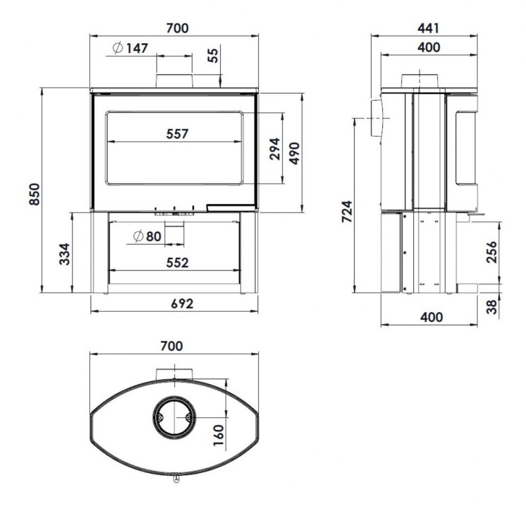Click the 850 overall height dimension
click(x=35, y=194)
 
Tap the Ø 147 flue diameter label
click(x=130, y=48)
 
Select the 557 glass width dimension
click(x=177, y=134)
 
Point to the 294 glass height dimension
click(x=275, y=148)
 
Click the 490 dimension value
click(x=294, y=154)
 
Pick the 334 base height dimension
click(x=65, y=254)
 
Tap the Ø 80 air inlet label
click(x=147, y=236)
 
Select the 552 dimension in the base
click(x=177, y=262)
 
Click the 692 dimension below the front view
click(x=182, y=304)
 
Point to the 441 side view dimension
click(x=428, y=28)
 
